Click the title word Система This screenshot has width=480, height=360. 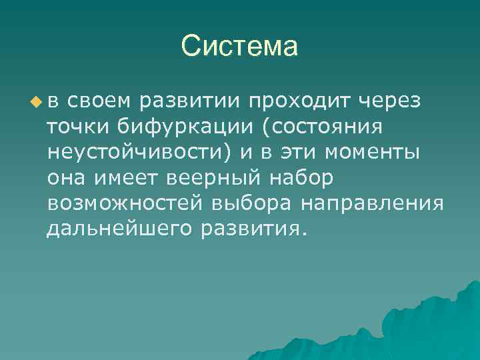click(x=239, y=47)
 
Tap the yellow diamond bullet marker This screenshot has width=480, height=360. click(x=35, y=101)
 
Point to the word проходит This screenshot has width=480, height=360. click(x=299, y=101)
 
